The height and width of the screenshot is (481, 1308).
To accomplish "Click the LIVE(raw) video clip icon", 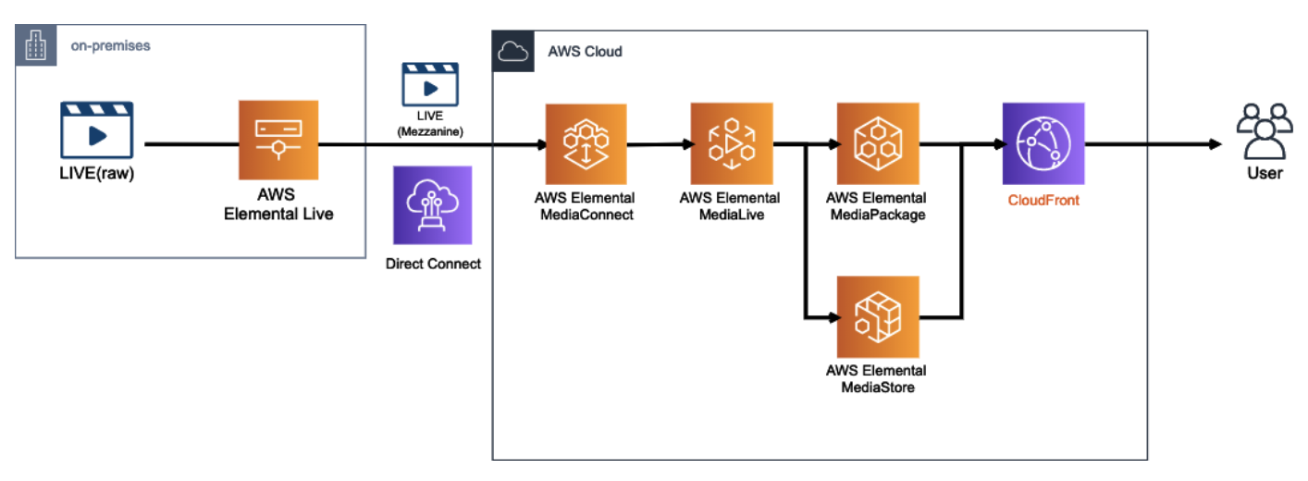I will pos(97,132).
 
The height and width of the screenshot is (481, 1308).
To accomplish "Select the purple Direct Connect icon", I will pos(433,205).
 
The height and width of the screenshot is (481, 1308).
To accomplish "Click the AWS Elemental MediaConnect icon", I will pos(586,143).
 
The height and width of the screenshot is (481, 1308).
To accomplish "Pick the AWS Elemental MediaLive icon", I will pos(731,143).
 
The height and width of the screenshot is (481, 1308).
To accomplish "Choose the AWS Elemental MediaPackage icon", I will pos(877,143).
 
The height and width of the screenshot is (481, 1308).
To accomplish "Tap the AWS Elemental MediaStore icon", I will pos(877,316).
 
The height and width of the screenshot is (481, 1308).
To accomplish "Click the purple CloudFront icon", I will pos(1043,143).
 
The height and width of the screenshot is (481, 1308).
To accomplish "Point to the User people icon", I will pos(1265,133).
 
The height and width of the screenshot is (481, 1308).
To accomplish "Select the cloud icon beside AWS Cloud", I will pos(512,51).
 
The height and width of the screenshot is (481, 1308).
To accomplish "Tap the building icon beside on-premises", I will pos(34,45).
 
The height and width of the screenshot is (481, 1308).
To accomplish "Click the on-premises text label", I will pos(110,45).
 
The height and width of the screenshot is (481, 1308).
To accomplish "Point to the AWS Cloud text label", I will pos(586,52).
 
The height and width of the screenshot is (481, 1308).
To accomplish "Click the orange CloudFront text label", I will pos(1043,199).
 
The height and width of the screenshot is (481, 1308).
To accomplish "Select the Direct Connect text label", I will pos(433,264).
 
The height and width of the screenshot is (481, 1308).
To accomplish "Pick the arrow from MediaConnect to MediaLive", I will pos(659,144).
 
